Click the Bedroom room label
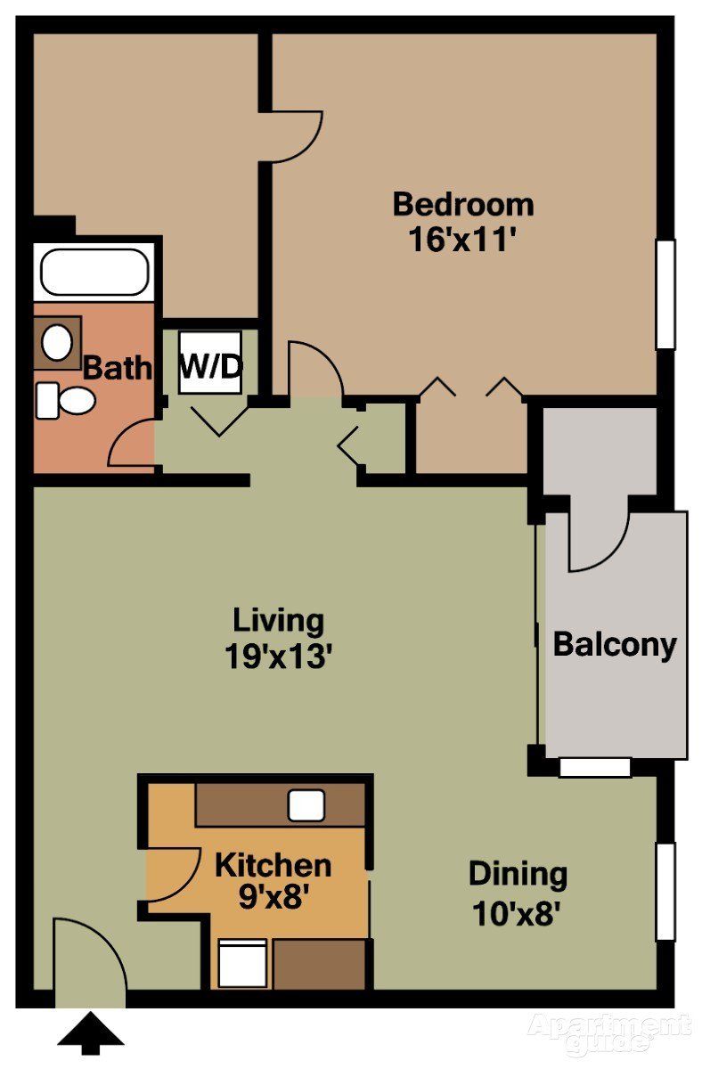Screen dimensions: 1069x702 463,204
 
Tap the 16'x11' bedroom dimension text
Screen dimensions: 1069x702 463,240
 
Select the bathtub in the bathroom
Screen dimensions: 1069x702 94,272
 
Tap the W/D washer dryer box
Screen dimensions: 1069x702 210,363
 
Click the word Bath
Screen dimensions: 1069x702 117,368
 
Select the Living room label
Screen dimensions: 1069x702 278,618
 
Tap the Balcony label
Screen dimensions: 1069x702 615,644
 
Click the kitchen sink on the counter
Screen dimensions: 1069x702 306,805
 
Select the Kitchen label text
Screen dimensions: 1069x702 273,864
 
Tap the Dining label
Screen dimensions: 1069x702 518,874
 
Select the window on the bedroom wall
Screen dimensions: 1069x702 665,294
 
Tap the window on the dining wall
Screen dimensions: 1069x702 665,891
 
